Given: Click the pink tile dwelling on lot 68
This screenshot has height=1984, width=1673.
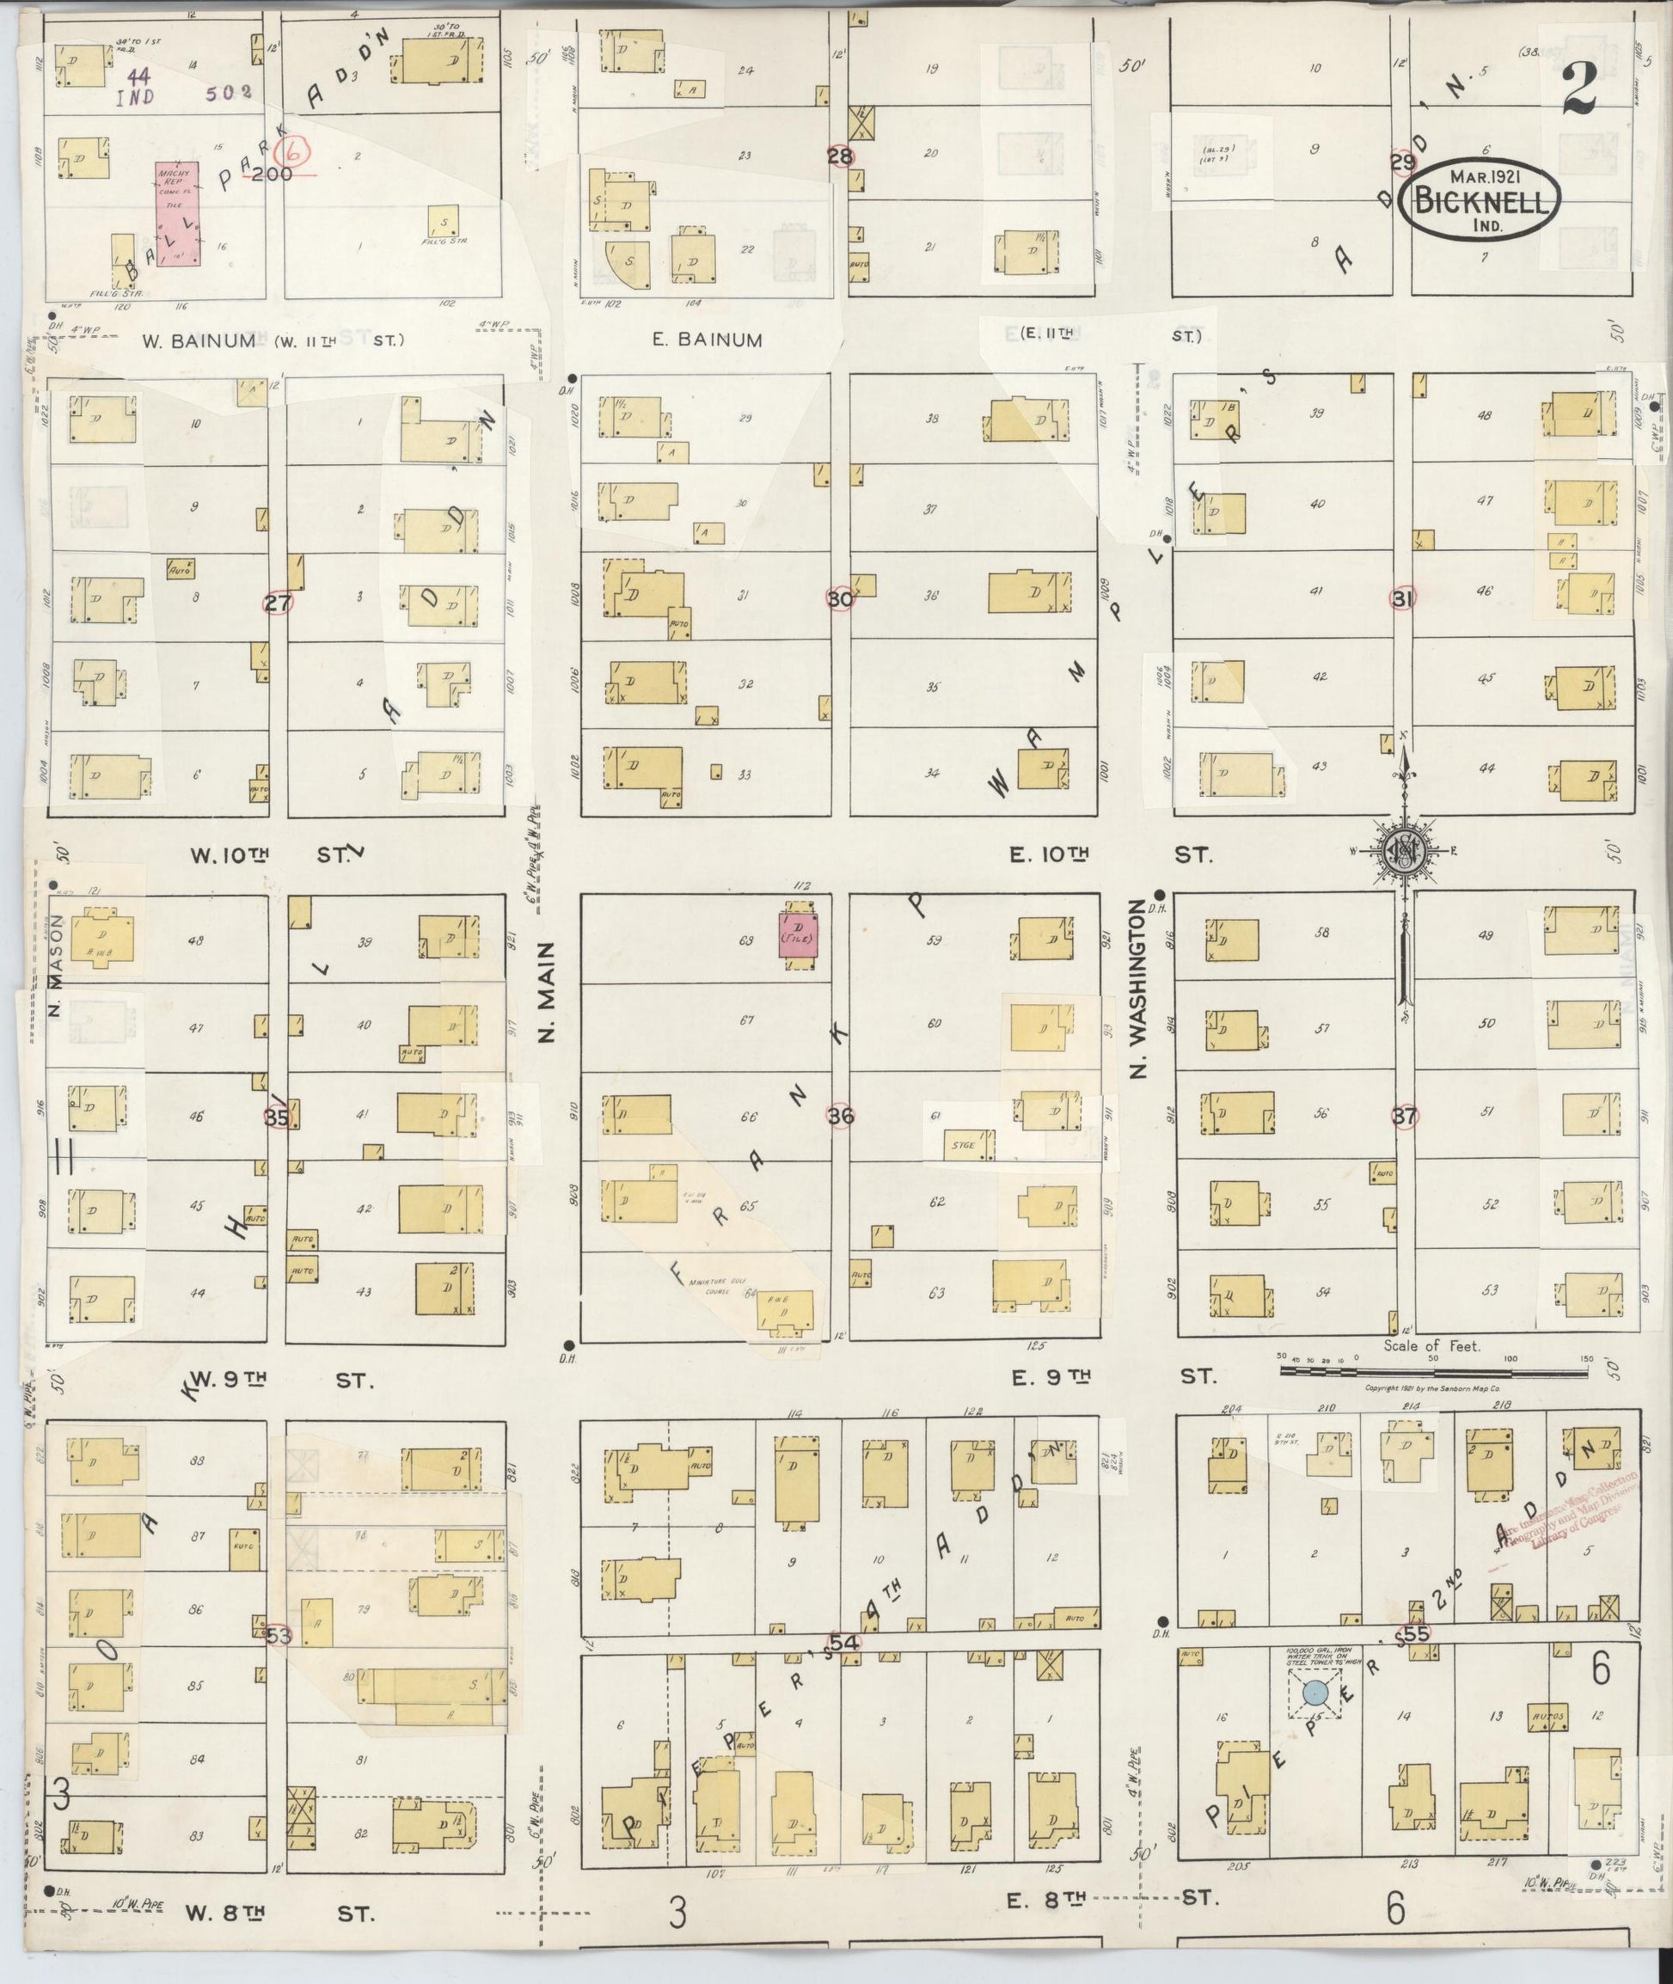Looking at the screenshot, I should [x=798, y=935].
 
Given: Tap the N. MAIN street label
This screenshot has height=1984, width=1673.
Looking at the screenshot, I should [x=548, y=990].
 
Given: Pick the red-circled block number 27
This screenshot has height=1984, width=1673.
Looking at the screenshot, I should [x=278, y=603].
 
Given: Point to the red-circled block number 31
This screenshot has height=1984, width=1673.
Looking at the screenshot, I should [x=1403, y=598].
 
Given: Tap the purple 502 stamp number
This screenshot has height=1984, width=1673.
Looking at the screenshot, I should [x=227, y=93].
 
